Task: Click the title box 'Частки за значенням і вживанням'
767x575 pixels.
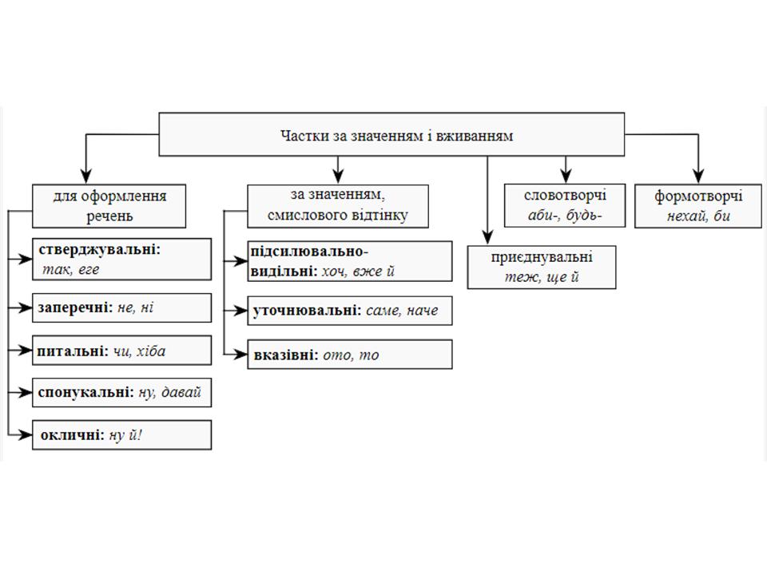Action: tap(391, 134)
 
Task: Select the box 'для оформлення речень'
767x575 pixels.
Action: tap(109, 206)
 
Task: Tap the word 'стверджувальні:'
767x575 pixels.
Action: tap(99, 249)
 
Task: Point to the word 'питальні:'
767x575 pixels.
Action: tap(73, 351)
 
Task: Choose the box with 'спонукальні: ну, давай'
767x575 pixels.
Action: tap(121, 392)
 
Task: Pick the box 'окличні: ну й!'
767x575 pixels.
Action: tap(121, 434)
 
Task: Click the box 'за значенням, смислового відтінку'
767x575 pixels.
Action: tap(338, 206)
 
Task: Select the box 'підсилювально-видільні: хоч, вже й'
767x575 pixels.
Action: tap(350, 261)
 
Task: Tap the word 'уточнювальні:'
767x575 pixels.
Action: tap(307, 311)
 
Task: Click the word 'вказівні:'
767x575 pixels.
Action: tap(286, 355)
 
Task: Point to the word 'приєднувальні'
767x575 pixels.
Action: tap(542, 257)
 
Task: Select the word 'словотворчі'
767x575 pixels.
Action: tap(565, 195)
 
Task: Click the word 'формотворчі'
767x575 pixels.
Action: tap(698, 196)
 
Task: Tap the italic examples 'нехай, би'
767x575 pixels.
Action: tap(698, 216)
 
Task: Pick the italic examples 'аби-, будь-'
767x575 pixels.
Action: tap(565, 215)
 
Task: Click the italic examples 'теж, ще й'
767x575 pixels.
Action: tap(542, 277)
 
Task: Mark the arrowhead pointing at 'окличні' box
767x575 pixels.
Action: tap(25, 434)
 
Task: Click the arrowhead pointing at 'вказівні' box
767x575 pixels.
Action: tap(240, 355)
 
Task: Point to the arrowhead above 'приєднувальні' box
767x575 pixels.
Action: tap(487, 236)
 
